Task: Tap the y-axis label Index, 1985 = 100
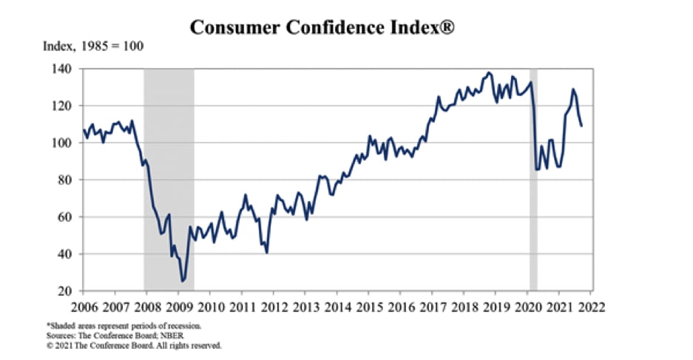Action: tap(93, 47)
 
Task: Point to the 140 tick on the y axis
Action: tap(61, 69)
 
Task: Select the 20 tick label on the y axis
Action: tap(64, 291)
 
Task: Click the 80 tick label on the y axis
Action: tap(64, 180)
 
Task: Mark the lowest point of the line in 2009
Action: tap(183, 281)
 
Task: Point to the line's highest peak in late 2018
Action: tap(489, 72)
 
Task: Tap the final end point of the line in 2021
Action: tap(581, 126)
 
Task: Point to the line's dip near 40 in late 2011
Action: tap(266, 253)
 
